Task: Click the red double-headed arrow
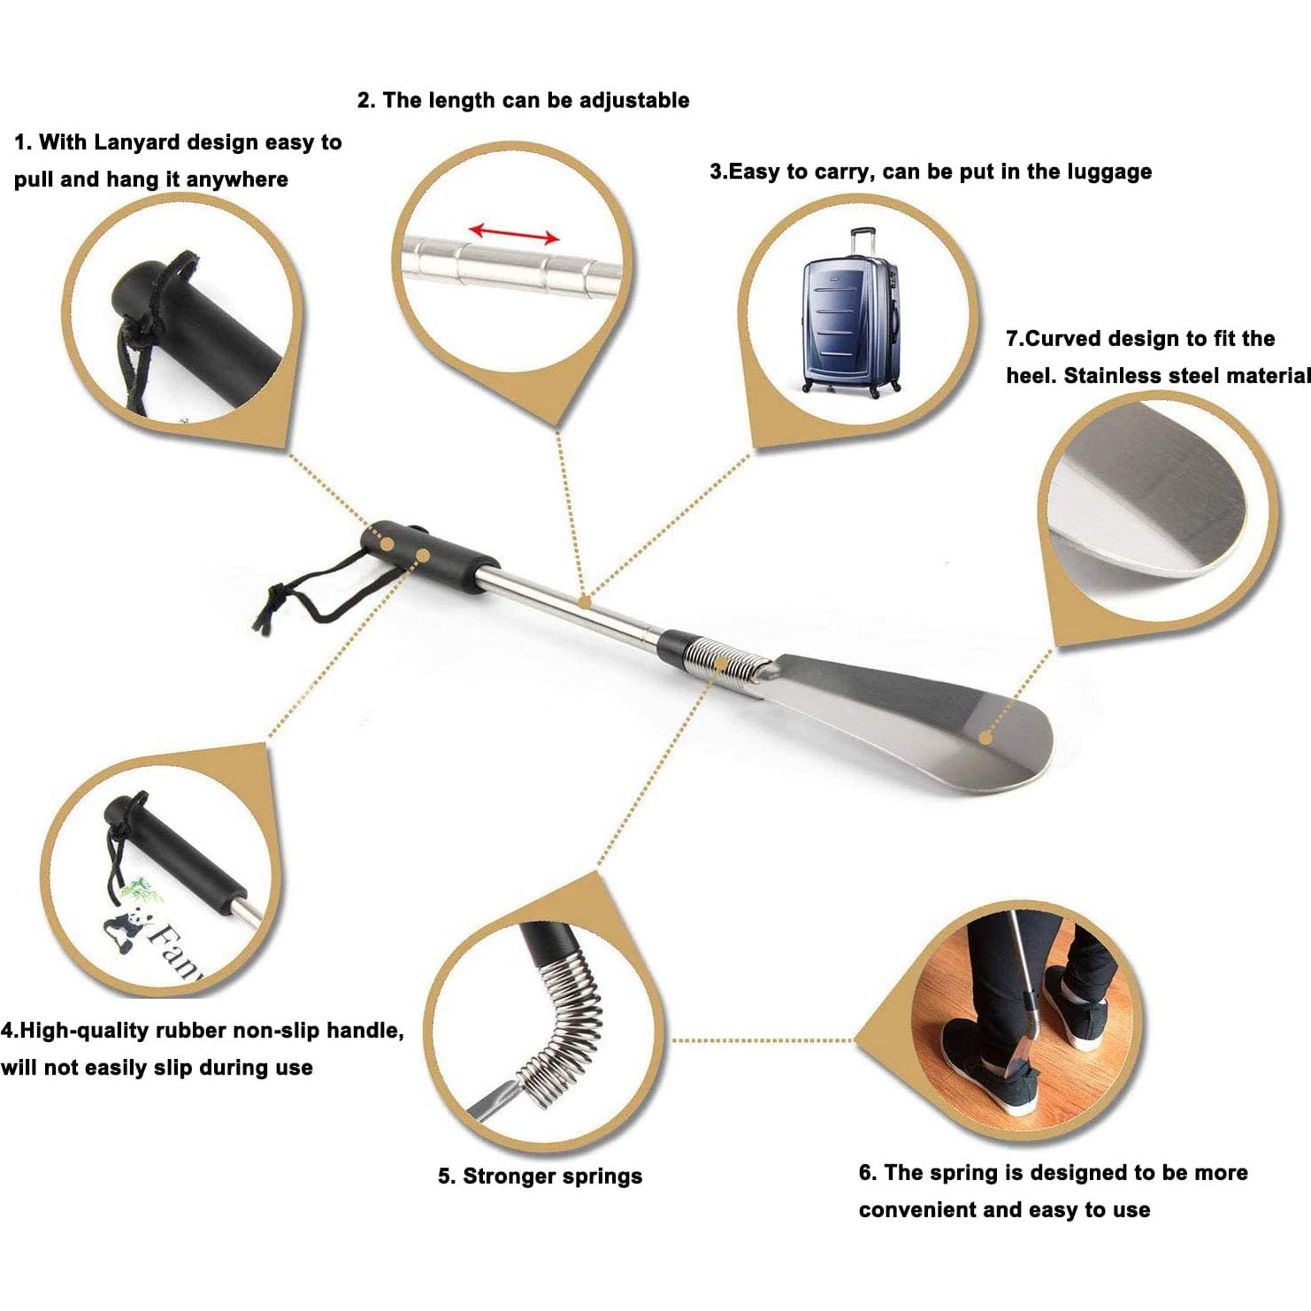tap(514, 234)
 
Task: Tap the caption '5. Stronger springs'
tap(540, 1176)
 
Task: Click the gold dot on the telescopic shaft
tap(585, 602)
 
